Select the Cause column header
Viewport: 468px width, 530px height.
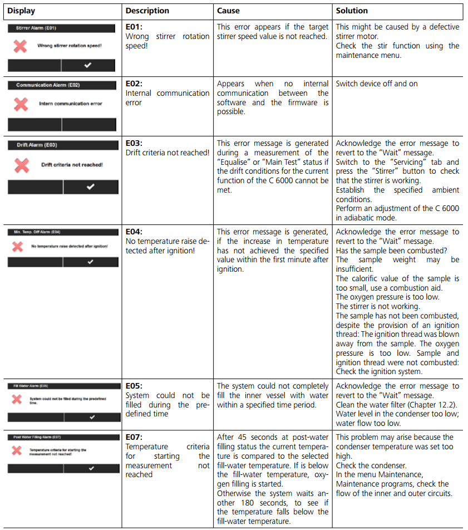coord(228,11)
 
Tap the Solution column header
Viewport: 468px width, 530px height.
coord(352,11)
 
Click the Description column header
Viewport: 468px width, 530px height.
coord(147,11)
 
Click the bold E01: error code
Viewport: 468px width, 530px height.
coord(135,27)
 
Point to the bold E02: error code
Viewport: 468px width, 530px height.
coord(135,84)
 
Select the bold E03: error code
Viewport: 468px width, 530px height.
coord(135,143)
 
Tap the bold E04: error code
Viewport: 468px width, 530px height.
coord(135,232)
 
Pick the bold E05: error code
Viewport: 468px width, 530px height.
coord(135,386)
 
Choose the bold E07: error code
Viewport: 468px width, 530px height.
coord(135,437)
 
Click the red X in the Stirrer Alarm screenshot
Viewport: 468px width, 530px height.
coord(20,46)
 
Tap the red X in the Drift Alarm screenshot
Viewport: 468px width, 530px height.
coord(21,165)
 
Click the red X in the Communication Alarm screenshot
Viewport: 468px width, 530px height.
coord(21,104)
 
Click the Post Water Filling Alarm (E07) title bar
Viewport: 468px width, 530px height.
coord(62,437)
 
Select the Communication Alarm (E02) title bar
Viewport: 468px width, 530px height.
coord(62,85)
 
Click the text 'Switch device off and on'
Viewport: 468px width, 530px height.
coord(377,84)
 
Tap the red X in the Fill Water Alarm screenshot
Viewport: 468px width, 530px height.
coord(17,399)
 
